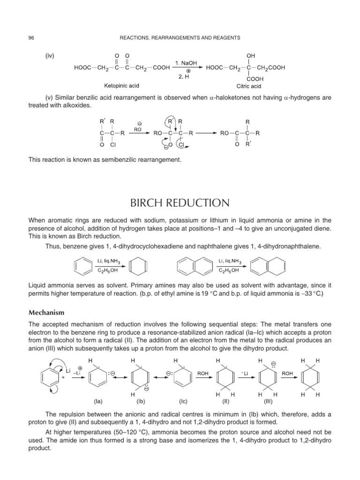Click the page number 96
click(31, 38)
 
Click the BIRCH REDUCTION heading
click(180, 203)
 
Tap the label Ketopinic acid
click(121, 86)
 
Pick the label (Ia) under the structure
click(98, 401)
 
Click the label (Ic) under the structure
click(183, 401)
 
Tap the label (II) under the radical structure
click(225, 401)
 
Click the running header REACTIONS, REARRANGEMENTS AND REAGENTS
click(180, 38)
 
